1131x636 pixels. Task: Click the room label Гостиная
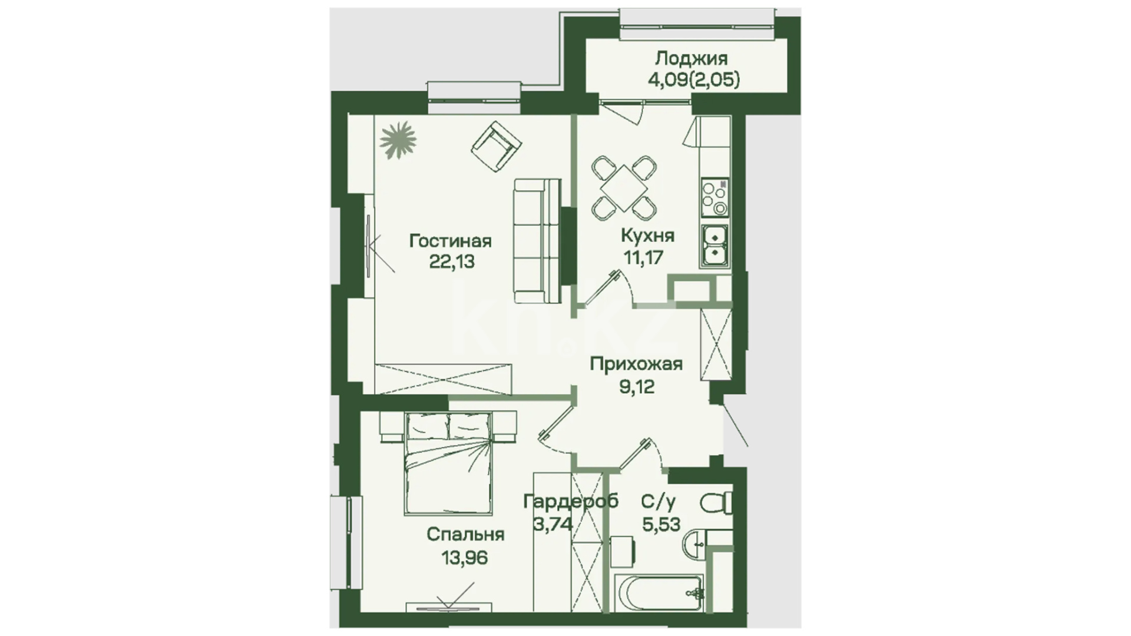click(x=451, y=241)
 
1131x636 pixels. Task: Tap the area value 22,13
click(x=452, y=261)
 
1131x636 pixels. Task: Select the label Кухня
click(x=648, y=236)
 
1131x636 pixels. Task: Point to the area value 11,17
click(x=644, y=257)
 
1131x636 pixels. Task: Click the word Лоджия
click(x=692, y=58)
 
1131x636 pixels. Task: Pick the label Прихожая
click(x=636, y=365)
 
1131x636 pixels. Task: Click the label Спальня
click(x=465, y=535)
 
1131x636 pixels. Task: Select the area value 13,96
click(x=465, y=556)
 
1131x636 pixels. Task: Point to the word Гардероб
click(x=571, y=501)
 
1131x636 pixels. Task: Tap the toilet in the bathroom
click(x=716, y=503)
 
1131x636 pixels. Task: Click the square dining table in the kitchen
click(x=624, y=188)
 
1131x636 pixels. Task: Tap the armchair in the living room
click(x=497, y=147)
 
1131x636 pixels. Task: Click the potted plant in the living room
click(x=398, y=140)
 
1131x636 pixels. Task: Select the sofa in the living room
click(x=537, y=241)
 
